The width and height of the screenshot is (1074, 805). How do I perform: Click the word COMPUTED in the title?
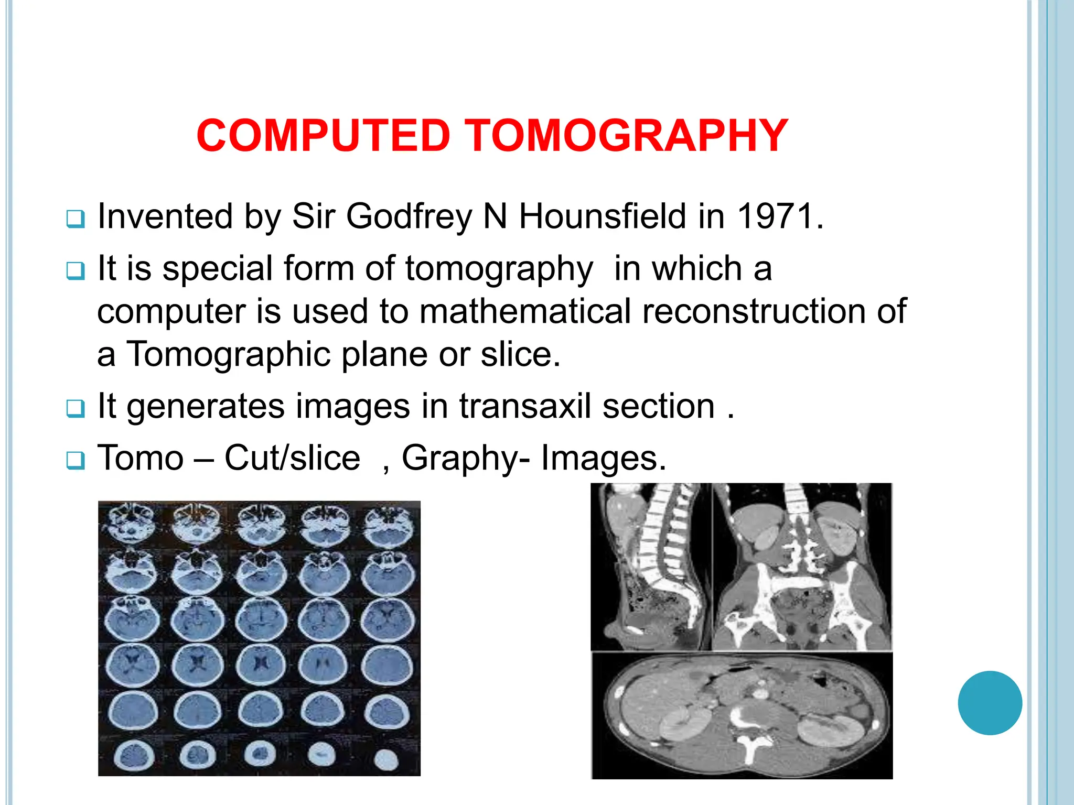tap(323, 136)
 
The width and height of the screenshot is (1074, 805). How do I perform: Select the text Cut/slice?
tap(292, 458)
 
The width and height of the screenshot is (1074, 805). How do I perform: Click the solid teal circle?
tap(990, 703)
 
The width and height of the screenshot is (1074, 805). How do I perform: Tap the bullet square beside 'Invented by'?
tap(76, 219)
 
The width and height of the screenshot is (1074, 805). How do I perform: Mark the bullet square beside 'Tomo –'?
tap(76, 461)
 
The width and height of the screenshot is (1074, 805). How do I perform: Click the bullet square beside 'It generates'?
tap(76, 409)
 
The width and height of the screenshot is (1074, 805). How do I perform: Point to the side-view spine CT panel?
tap(651, 566)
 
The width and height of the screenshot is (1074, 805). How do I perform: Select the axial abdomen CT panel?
tap(742, 715)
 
